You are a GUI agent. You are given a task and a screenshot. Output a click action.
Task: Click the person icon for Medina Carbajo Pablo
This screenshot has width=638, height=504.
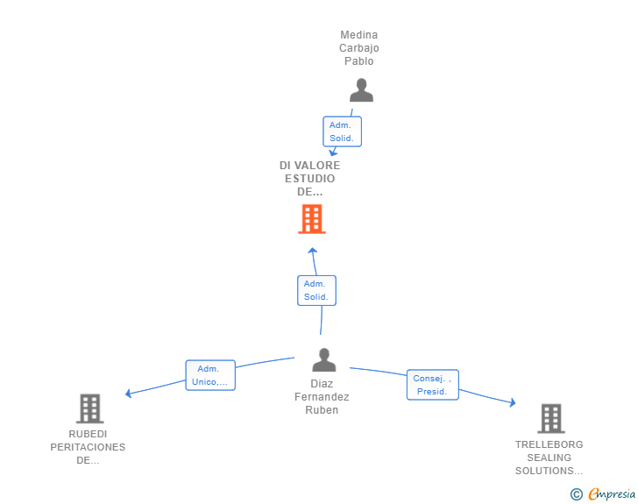pyautogui.click(x=361, y=90)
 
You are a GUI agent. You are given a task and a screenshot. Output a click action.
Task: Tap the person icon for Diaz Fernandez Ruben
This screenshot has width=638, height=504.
pyautogui.click(x=324, y=360)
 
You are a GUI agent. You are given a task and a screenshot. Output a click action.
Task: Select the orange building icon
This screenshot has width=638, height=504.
pyautogui.click(x=312, y=219)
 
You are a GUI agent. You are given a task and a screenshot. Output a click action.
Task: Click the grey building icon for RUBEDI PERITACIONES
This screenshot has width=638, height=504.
pyautogui.click(x=90, y=408)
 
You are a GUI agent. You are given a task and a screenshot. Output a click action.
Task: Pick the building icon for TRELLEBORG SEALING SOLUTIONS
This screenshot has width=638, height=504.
pyautogui.click(x=551, y=418)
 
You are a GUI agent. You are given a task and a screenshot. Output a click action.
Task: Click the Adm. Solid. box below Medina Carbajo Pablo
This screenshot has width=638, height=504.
pyautogui.click(x=342, y=131)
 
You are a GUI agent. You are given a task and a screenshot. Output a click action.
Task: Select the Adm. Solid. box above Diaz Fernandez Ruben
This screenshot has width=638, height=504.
pyautogui.click(x=316, y=290)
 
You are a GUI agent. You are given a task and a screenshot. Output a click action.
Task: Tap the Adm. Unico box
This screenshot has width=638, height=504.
pyautogui.click(x=210, y=375)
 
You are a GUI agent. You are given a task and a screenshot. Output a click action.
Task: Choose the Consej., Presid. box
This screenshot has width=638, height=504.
pyautogui.click(x=433, y=385)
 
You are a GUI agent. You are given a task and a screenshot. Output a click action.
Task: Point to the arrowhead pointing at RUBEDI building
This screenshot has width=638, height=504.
pyautogui.click(x=128, y=394)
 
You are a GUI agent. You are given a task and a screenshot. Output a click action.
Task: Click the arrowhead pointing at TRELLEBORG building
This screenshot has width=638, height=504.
pyautogui.click(x=513, y=402)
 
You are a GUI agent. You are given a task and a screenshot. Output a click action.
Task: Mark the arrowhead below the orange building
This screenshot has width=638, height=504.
pyautogui.click(x=313, y=251)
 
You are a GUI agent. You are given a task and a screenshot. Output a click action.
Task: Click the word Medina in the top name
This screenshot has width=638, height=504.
pyautogui.click(x=359, y=35)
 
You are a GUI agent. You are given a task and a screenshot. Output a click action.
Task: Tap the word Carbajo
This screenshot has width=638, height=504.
pyautogui.click(x=359, y=48)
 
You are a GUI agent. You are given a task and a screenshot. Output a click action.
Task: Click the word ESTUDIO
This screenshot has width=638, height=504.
pyautogui.click(x=309, y=178)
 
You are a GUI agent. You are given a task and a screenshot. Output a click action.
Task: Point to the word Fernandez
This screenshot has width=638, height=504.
pyautogui.click(x=322, y=396)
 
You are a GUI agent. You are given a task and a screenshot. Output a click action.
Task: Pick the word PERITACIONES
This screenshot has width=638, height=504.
pyautogui.click(x=88, y=447)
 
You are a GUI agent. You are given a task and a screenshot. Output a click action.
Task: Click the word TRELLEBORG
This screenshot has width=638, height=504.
pyautogui.click(x=549, y=444)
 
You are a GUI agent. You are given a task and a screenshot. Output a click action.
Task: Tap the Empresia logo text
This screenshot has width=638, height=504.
pyautogui.click(x=612, y=493)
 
